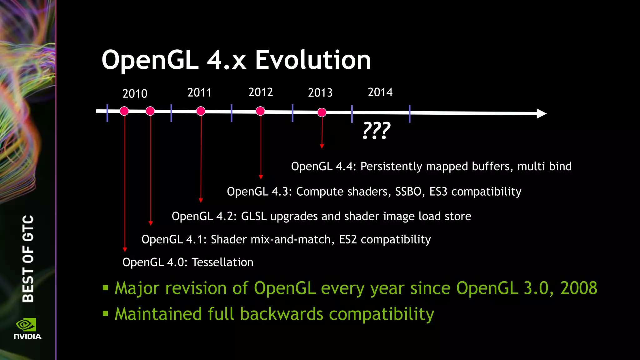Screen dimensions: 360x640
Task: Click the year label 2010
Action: coord(135,94)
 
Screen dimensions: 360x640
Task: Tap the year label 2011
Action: coord(199,92)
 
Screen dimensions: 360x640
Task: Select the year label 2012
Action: coord(261,92)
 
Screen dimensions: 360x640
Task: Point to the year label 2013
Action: coord(320,92)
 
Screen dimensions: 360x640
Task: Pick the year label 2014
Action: coord(380,92)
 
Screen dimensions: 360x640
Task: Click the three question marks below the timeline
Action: coord(377,131)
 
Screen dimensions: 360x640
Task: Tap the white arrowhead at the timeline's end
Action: coord(542,113)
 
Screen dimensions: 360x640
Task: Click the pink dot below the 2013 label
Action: coord(322,112)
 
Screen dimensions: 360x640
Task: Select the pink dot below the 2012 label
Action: coord(260,111)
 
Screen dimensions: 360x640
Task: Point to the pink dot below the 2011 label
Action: coord(201,111)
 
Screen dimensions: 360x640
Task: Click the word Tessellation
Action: coord(222,262)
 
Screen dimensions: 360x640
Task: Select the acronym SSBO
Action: coord(408,191)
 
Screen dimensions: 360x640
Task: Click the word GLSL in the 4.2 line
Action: coord(254,216)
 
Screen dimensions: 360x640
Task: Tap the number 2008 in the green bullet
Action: coord(579,288)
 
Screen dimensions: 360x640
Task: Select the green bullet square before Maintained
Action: coord(105,313)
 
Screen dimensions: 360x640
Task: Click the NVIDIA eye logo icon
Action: coord(26,325)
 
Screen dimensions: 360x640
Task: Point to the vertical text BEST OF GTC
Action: coord(28,258)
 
